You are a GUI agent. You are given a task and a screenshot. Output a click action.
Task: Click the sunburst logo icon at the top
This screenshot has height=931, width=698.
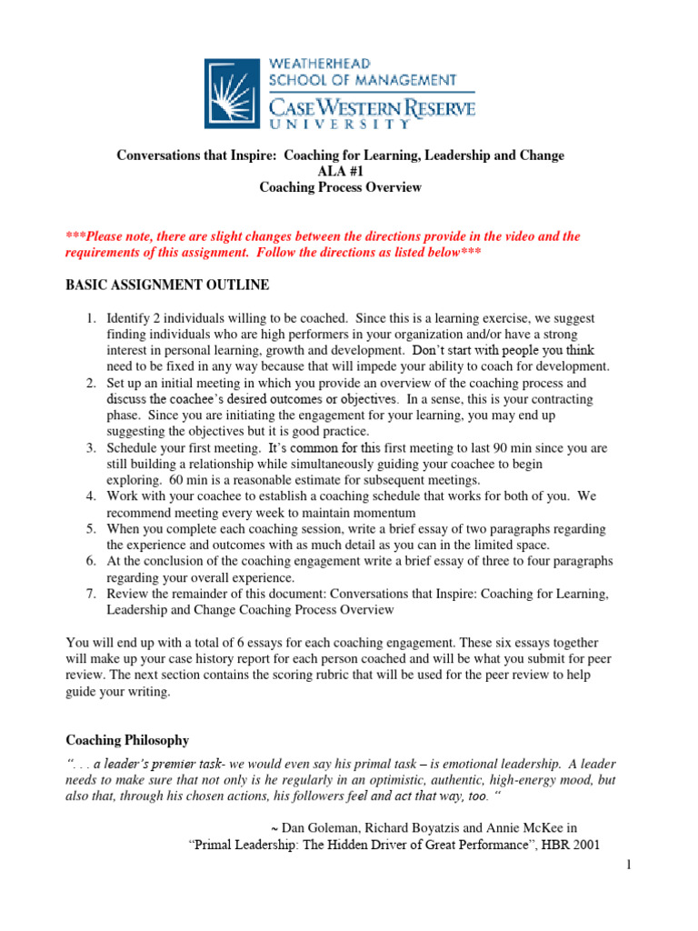[233, 94]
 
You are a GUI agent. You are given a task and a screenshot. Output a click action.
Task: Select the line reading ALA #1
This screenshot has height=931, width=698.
[340, 172]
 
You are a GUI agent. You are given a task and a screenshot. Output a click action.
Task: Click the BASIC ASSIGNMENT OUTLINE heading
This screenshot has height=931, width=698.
[167, 285]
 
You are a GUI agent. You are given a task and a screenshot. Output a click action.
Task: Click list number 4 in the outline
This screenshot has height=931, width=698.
[91, 496]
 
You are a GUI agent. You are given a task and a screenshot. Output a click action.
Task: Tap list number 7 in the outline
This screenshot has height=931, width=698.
[91, 594]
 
